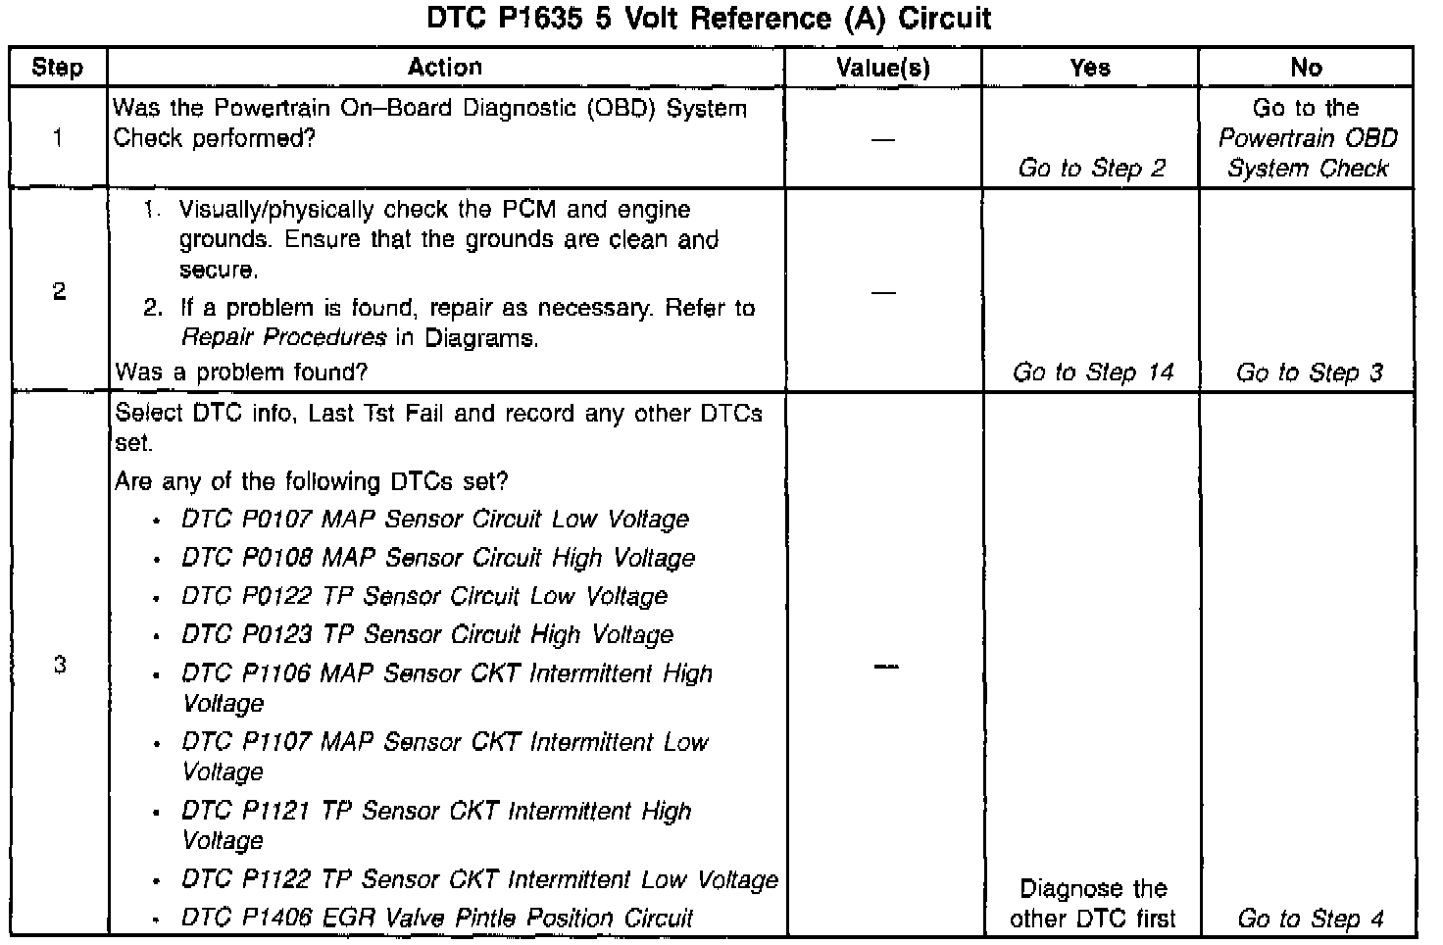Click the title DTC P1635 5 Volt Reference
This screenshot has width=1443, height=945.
click(709, 19)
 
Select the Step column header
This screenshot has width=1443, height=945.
click(57, 68)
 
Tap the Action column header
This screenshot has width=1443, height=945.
click(445, 68)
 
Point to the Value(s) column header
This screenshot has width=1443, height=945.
click(882, 68)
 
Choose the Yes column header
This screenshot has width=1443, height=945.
click(1090, 68)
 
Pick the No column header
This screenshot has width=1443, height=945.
click(1306, 68)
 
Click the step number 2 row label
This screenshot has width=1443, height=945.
click(59, 291)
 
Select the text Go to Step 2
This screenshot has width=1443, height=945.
click(1091, 169)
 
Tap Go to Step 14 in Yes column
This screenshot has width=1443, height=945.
click(1092, 373)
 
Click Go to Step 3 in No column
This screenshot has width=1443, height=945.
click(1309, 373)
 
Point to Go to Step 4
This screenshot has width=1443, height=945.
click(1310, 919)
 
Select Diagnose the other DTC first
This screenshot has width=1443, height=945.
click(1092, 904)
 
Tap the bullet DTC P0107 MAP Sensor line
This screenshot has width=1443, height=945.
click(434, 520)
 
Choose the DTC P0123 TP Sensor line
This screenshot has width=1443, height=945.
click(427, 635)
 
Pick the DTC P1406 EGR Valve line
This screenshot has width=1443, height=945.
click(437, 919)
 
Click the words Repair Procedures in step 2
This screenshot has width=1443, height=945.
click(283, 338)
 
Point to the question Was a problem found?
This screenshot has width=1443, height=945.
click(241, 373)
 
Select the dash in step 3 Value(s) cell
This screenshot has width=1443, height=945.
click(884, 667)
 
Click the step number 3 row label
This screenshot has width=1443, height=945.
click(59, 666)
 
